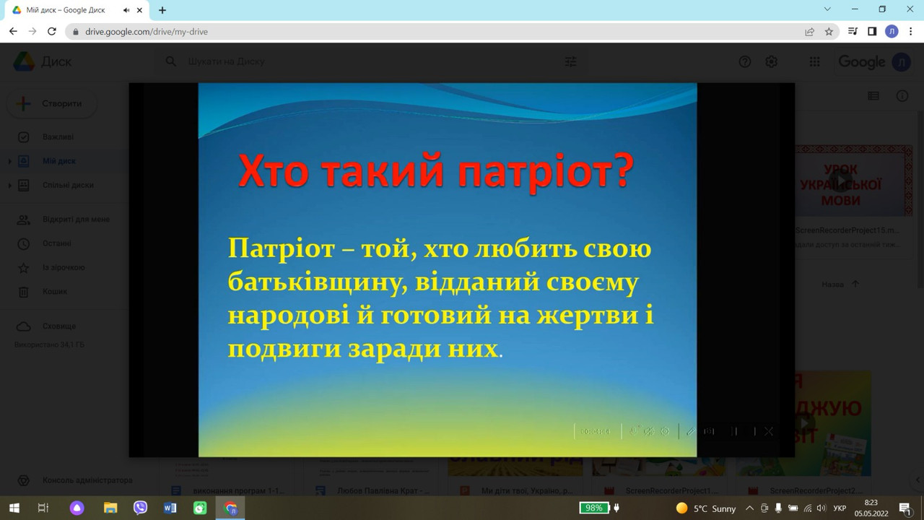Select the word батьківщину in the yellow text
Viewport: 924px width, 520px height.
308,282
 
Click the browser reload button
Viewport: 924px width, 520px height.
52,32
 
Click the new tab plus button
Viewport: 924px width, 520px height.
162,10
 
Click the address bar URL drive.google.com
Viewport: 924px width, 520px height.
147,32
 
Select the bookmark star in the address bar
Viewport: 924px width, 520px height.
829,32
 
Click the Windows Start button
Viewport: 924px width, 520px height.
14,508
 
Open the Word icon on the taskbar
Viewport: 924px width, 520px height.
170,508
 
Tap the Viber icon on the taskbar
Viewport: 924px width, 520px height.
140,508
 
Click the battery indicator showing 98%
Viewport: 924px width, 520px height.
594,508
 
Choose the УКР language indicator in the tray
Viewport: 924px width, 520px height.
840,508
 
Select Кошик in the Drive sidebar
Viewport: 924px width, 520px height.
54,292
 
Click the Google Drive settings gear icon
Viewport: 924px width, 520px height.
771,62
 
